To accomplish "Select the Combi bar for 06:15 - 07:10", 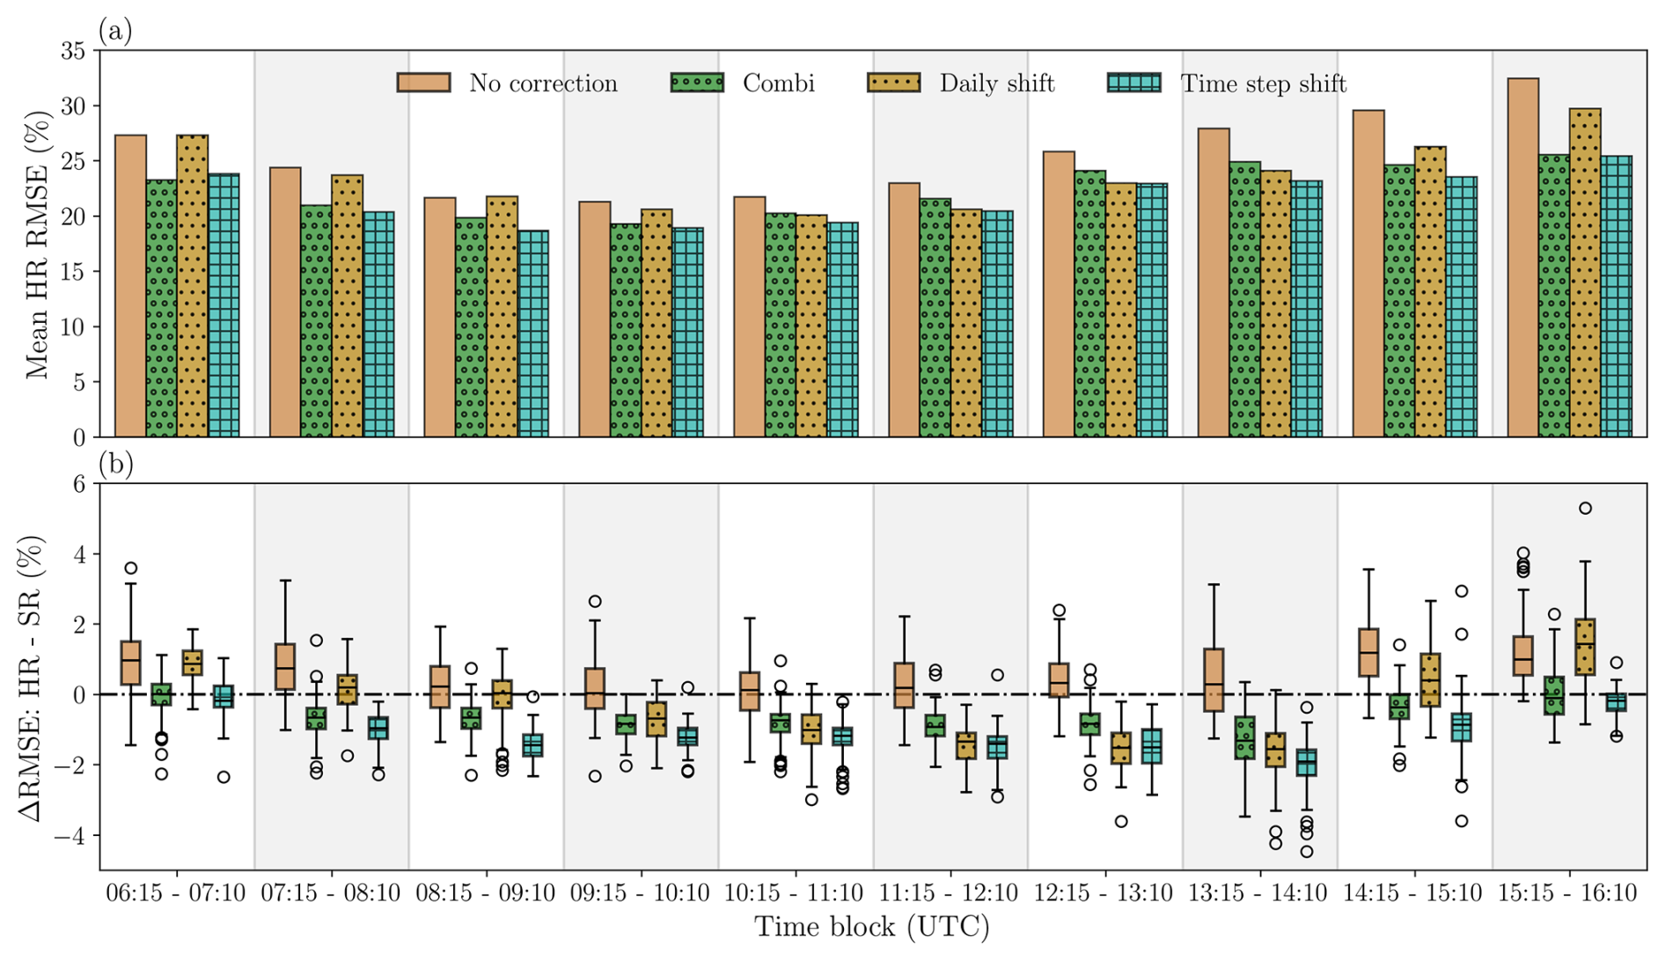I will [162, 308].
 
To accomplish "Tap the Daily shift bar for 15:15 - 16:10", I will [1585, 273].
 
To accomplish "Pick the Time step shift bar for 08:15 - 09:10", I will [533, 333].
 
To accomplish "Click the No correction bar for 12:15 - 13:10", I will [1059, 294].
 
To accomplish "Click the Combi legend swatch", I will [697, 83].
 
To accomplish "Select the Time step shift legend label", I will [1263, 84].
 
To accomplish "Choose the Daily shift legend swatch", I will [894, 83].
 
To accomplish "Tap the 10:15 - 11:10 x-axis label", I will [794, 894].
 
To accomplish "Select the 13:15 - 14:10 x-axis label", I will [1258, 894].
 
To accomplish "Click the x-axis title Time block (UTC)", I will [871, 927].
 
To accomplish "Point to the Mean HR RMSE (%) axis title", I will [37, 245].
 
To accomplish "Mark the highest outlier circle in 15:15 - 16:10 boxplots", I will [1585, 509].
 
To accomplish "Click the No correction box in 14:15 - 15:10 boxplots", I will [1368, 652].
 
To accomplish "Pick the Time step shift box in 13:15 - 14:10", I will [1307, 762].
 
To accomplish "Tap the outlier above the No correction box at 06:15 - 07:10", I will [131, 568].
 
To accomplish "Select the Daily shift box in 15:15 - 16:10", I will [1585, 647].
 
